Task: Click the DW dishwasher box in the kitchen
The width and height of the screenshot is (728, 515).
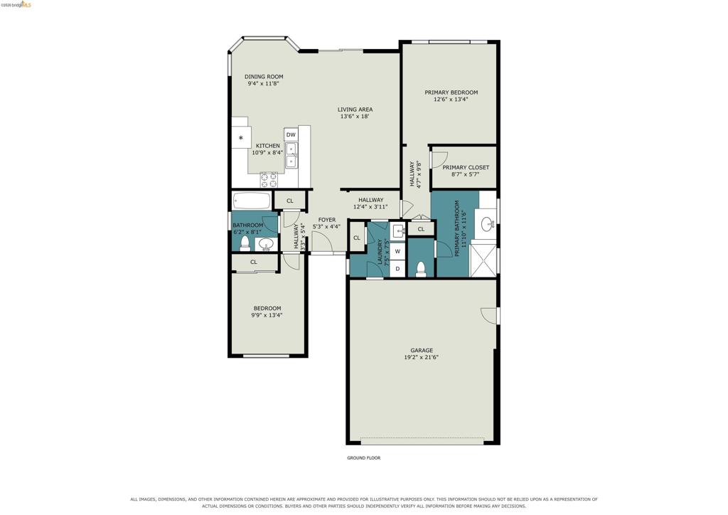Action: (x=291, y=134)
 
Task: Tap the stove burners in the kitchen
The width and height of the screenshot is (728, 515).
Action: (x=269, y=179)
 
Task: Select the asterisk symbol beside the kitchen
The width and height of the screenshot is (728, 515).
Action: (x=241, y=138)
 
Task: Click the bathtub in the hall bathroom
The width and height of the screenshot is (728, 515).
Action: (x=251, y=201)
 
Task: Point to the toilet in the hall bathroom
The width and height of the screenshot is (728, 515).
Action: (x=245, y=243)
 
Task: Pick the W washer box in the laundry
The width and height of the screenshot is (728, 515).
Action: (x=397, y=251)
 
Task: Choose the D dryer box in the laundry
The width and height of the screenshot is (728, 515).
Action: (x=397, y=268)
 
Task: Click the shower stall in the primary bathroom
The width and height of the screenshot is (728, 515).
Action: (x=483, y=260)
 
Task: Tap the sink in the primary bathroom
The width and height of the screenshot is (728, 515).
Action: (x=488, y=225)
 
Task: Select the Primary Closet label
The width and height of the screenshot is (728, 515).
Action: (x=466, y=167)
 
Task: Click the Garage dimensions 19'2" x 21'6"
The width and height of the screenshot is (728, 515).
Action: (x=422, y=358)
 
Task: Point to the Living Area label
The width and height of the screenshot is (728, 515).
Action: (x=355, y=110)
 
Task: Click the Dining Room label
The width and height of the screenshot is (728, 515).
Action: (x=264, y=77)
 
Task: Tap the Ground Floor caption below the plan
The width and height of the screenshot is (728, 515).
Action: (x=363, y=458)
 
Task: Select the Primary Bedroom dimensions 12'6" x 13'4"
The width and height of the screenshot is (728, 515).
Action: (x=451, y=100)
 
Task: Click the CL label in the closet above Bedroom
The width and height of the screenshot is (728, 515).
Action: (x=254, y=262)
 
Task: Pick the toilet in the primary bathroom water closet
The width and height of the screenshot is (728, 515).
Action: (x=421, y=270)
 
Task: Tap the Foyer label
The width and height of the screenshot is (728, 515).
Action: (x=327, y=220)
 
